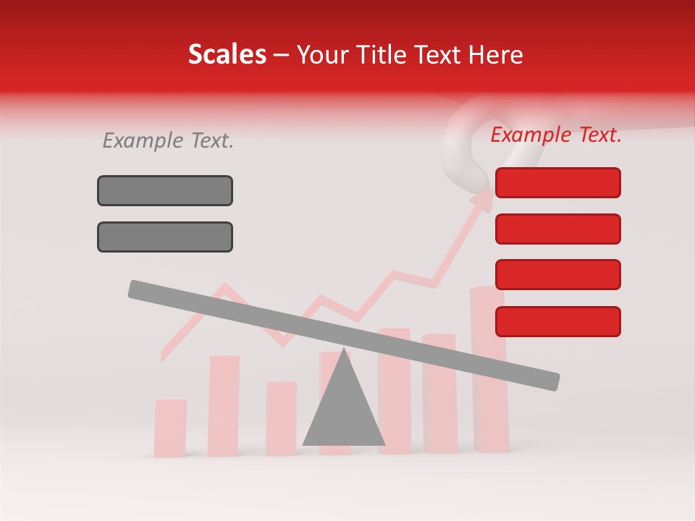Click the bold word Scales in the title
[x=227, y=55]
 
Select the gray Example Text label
[x=168, y=140]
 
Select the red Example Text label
[x=556, y=135]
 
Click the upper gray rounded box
[x=165, y=190]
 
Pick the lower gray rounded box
[x=165, y=237]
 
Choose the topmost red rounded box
[x=557, y=182]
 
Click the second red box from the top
[x=557, y=229]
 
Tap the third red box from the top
[x=557, y=275]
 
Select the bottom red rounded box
[x=557, y=321]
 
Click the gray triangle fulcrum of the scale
[x=344, y=409]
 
